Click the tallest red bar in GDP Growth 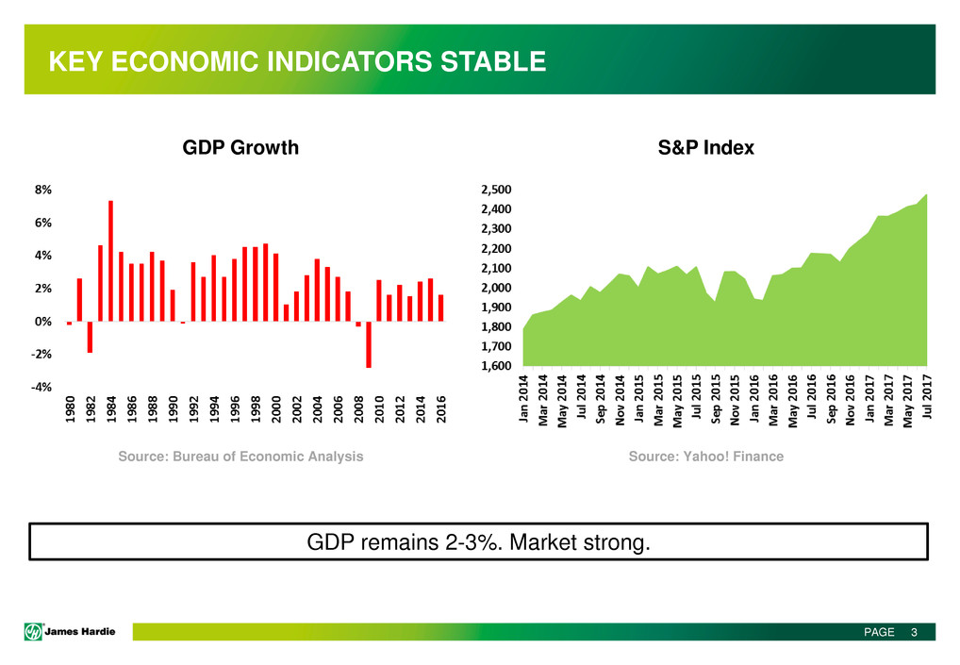(111, 261)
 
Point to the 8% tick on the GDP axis (44, 190)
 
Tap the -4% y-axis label (42, 388)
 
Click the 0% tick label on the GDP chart (44, 322)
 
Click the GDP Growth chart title (240, 148)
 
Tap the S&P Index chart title (705, 148)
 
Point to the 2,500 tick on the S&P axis (496, 190)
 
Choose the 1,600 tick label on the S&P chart (496, 366)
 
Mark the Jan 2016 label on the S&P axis (754, 401)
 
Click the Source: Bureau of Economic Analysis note (240, 457)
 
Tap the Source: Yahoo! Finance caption (705, 457)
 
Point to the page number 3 (914, 632)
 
